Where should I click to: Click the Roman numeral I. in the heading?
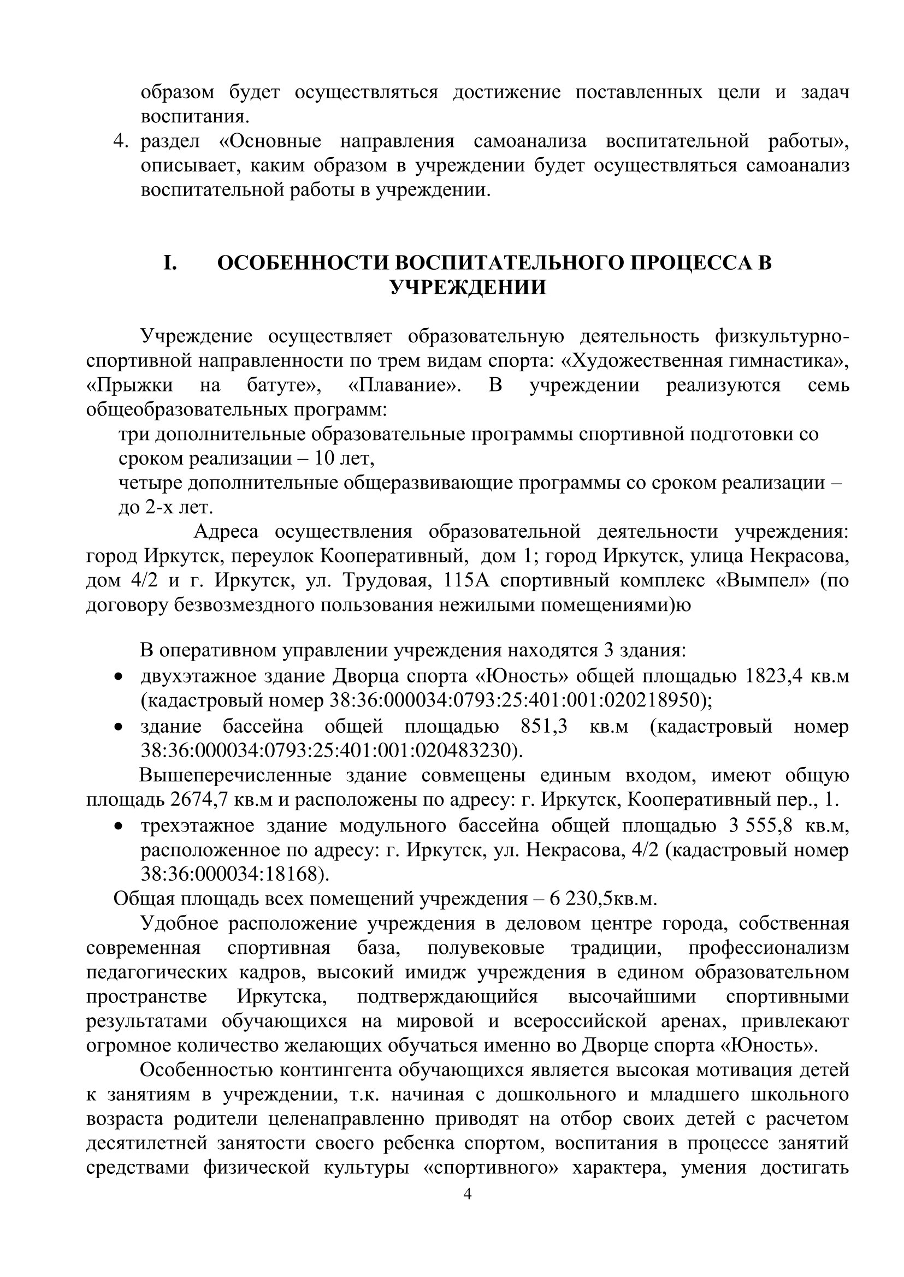pos(170,263)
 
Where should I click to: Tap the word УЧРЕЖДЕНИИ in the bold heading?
pos(468,288)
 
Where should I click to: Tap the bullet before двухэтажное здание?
pos(117,677)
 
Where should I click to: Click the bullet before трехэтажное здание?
pos(117,826)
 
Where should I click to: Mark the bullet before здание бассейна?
pos(117,727)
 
